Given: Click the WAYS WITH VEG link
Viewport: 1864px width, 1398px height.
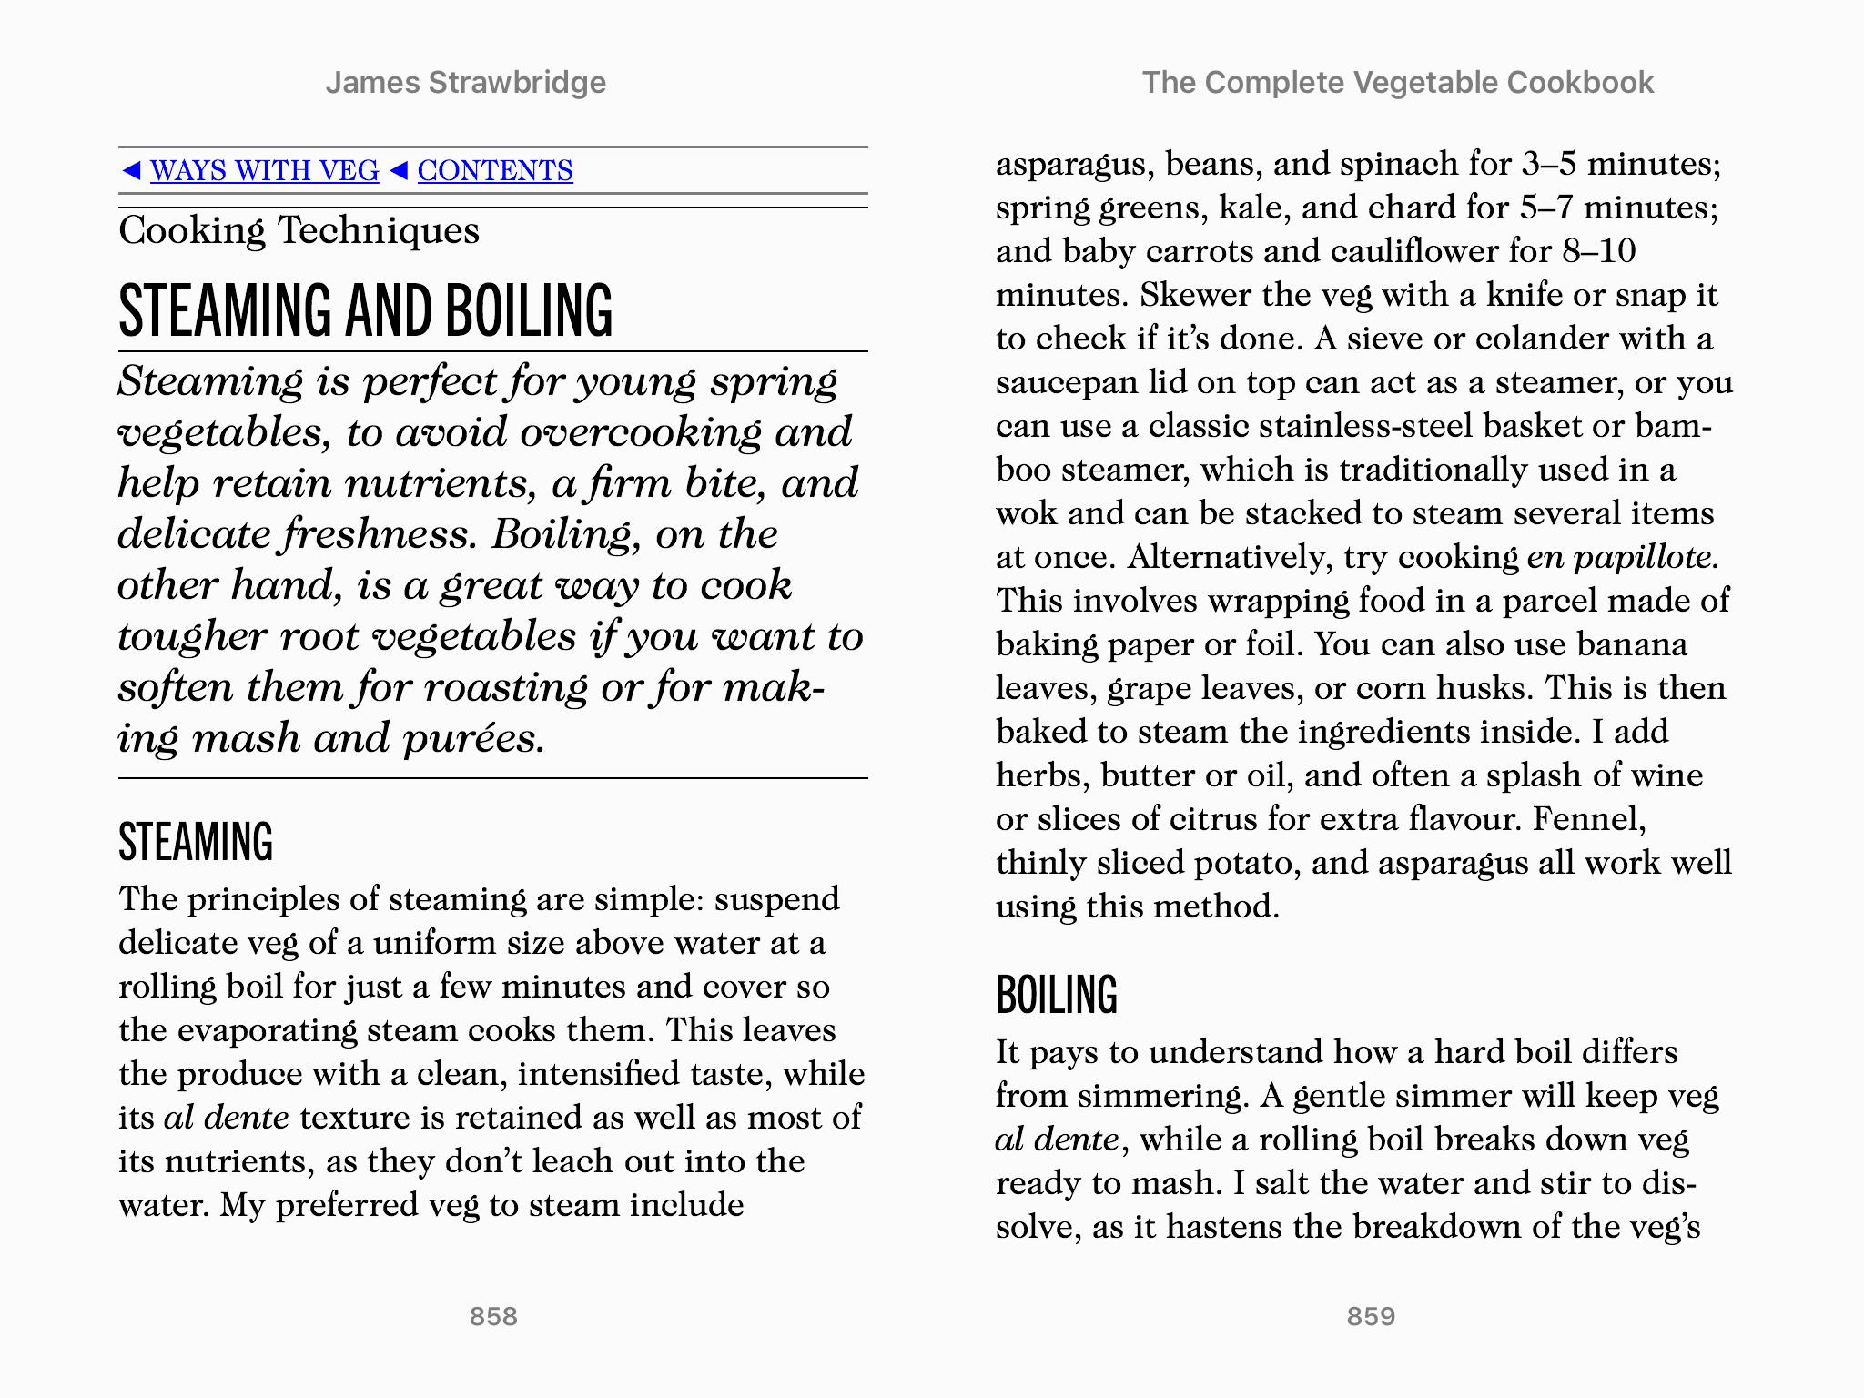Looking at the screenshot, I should click(264, 170).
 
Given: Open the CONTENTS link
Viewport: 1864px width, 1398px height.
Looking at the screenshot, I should click(495, 170).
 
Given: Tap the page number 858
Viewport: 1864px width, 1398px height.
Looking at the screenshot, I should click(493, 1316).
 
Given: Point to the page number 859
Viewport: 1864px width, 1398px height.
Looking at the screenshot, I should click(1371, 1316).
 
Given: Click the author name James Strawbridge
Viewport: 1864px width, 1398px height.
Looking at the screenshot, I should click(466, 83).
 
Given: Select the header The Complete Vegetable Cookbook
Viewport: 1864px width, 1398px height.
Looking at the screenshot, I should click(1398, 83).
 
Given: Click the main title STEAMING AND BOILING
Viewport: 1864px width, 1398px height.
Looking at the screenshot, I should click(366, 309).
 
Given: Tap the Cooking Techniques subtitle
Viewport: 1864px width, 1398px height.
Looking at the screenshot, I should click(299, 230).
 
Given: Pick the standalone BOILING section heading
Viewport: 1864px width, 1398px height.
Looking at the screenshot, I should click(1057, 994).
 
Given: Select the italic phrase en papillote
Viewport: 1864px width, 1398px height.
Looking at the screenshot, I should click(1622, 557).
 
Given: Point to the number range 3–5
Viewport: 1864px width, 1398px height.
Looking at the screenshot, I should click(1548, 164).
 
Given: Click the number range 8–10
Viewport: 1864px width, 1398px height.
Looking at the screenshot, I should click(1599, 251).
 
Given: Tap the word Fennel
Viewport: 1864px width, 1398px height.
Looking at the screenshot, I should click(1589, 819).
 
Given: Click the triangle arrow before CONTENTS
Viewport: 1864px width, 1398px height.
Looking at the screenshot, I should click(398, 170).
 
